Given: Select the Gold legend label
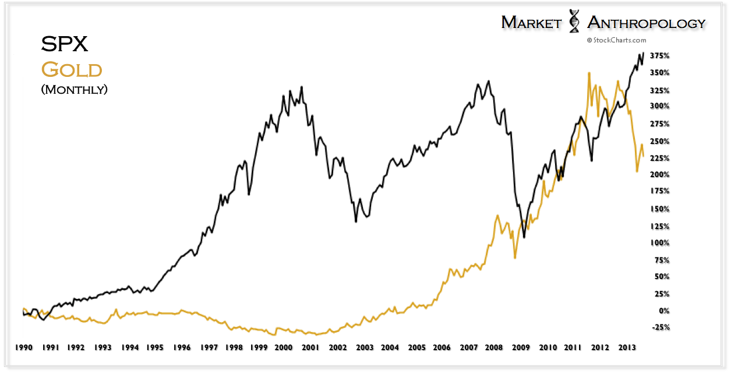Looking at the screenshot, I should click(x=72, y=70).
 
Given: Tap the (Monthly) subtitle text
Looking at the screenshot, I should click(x=75, y=90).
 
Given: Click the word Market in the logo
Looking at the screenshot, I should click(x=529, y=22).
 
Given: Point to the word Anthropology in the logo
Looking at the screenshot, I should click(x=646, y=22).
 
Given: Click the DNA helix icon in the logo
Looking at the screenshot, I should click(x=574, y=21).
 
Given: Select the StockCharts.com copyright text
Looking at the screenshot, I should click(x=617, y=40).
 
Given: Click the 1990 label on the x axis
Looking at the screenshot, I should click(x=23, y=347).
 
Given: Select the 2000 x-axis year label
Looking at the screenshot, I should click(x=283, y=347).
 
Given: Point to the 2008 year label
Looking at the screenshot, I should click(x=494, y=347).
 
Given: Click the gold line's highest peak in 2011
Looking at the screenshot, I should click(x=589, y=73).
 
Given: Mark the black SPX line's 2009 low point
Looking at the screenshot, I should click(x=524, y=237).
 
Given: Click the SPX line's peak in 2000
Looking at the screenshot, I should click(x=301, y=87).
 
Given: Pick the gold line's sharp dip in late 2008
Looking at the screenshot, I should click(x=515, y=258).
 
